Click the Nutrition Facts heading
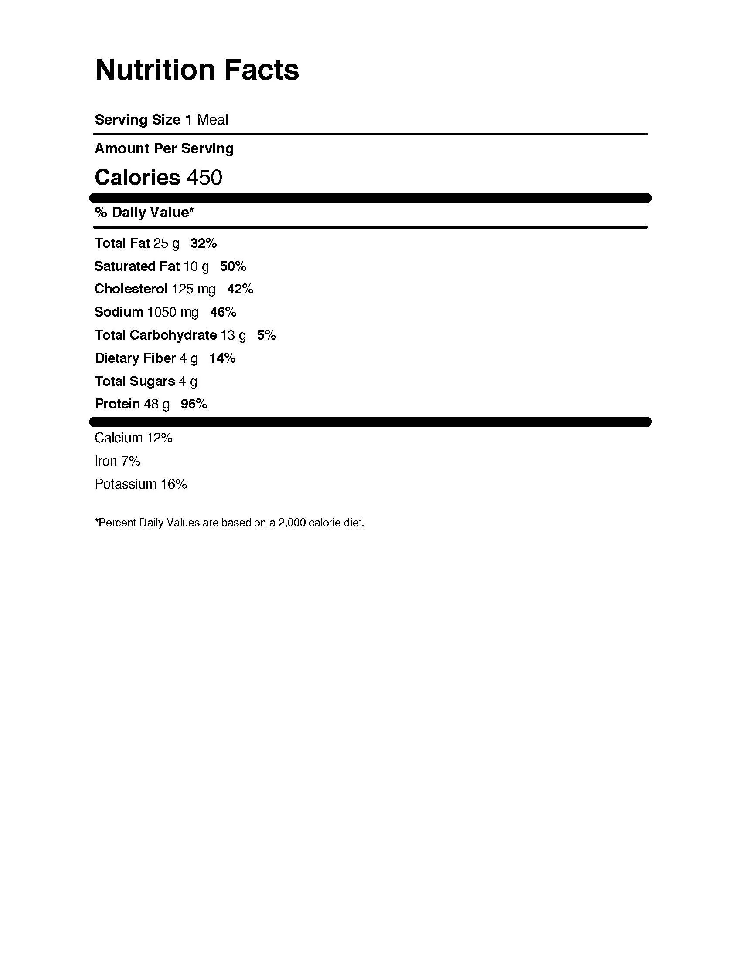[x=197, y=70]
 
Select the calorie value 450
[x=204, y=178]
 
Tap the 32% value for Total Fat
[x=204, y=243]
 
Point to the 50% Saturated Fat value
[x=233, y=266]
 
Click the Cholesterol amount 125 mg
[x=194, y=289]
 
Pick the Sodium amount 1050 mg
[x=173, y=312]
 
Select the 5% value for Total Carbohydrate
[x=266, y=335]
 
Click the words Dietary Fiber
[x=135, y=358]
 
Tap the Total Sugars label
[x=135, y=381]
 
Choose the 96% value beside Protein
[x=194, y=404]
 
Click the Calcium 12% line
[x=133, y=438]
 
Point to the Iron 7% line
[x=117, y=461]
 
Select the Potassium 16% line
[x=141, y=484]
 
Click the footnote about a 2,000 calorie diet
[x=229, y=523]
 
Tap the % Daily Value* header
[x=144, y=213]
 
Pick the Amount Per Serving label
[x=164, y=148]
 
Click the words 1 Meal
[x=206, y=120]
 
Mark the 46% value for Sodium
[x=224, y=312]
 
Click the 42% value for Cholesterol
[x=240, y=289]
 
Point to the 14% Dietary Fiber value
[x=223, y=358]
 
